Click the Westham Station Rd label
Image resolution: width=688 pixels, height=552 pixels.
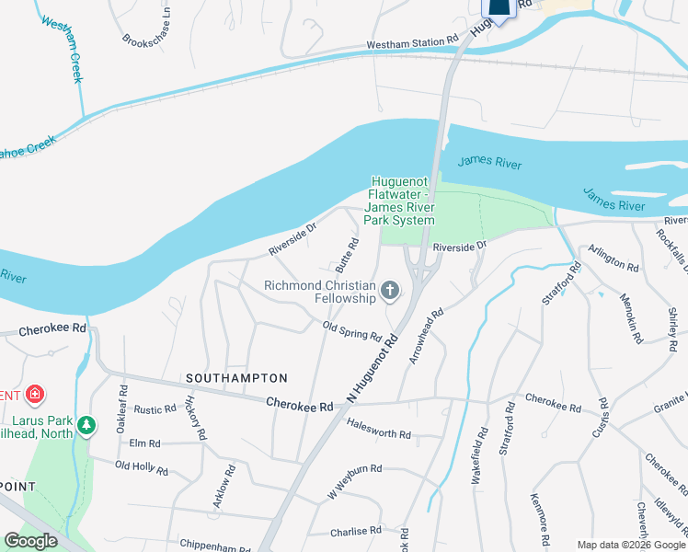[x=411, y=42]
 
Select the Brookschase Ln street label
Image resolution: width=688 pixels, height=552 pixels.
[x=147, y=29]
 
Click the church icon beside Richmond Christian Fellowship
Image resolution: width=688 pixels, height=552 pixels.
[x=391, y=292]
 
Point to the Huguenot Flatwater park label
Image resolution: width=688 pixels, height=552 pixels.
[x=401, y=201]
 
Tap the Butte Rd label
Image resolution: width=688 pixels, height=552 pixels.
[x=347, y=254]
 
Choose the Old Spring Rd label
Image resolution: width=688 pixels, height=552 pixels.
[x=351, y=330]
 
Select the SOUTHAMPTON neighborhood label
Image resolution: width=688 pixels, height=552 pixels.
[x=236, y=378]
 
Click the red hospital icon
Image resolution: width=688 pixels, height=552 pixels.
[x=35, y=395]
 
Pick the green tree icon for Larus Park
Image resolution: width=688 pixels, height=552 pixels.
[x=86, y=424]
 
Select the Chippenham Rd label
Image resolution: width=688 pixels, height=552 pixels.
[x=216, y=543]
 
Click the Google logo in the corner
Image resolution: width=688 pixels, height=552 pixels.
[x=30, y=541]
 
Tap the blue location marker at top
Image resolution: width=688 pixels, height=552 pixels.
[x=498, y=8]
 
